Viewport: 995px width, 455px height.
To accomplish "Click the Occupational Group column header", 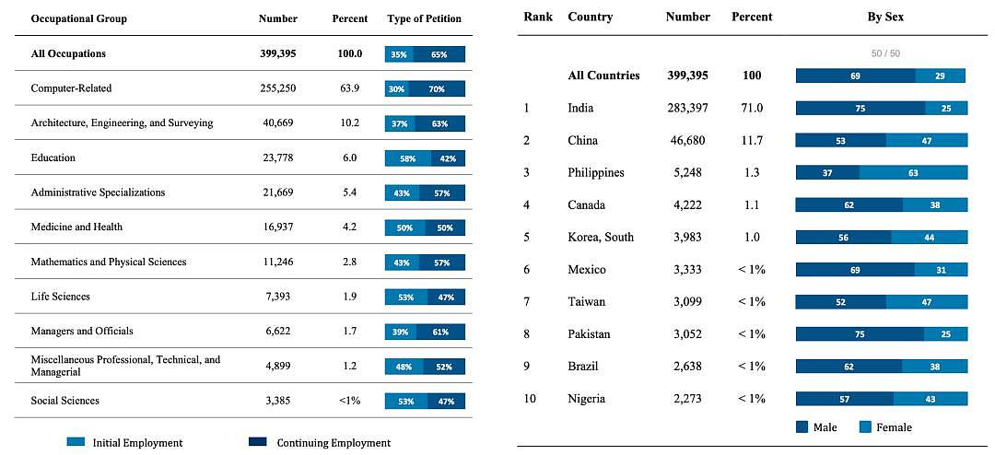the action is (78, 18).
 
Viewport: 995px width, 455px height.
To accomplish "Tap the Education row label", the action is (53, 157).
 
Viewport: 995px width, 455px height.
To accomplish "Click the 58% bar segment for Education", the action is (407, 158).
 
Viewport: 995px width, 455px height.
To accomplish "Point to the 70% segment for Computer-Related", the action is (437, 88).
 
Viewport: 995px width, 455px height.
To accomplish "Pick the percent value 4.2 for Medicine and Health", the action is (350, 227).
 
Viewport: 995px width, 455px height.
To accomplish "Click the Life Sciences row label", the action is (60, 297).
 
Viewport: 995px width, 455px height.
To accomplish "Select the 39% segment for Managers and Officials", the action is (401, 332).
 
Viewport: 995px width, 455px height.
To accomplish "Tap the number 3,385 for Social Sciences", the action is (277, 401).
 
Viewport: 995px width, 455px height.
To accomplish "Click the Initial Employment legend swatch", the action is (76, 442).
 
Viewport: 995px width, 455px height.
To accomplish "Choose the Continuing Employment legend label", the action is (334, 442).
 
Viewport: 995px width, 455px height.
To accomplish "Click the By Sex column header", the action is (885, 17).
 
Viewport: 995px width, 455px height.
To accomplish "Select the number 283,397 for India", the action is (687, 108).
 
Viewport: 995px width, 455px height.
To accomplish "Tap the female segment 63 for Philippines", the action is (913, 172).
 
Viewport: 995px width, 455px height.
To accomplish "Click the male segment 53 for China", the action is (841, 140).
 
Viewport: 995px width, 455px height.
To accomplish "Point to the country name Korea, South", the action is (601, 238).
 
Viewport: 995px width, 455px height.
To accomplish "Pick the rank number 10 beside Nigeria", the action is (529, 399).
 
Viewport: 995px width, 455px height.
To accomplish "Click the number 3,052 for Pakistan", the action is (688, 333).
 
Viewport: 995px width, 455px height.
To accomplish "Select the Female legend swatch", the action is (864, 427).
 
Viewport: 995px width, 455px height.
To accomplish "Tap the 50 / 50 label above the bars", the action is (885, 53).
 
